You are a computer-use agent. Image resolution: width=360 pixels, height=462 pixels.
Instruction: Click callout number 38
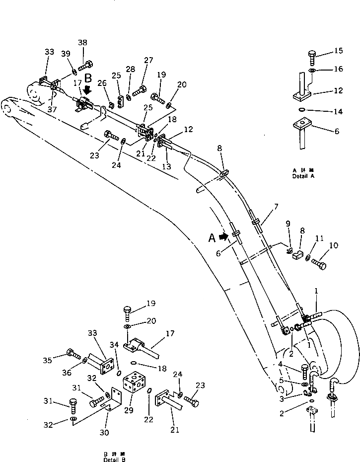[x=82, y=43]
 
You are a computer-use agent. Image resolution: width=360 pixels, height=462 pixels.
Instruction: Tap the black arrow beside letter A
[x=224, y=237]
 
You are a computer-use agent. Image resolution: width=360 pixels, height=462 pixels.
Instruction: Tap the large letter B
[x=88, y=78]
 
